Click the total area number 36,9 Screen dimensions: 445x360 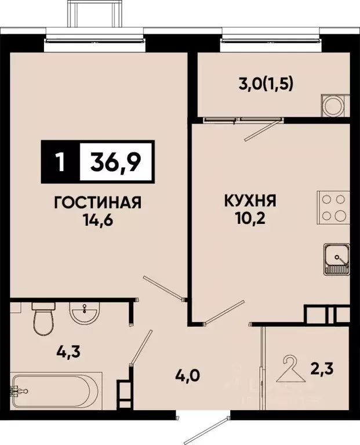114,159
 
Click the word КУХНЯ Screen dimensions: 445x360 249,202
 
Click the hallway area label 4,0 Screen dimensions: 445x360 189,375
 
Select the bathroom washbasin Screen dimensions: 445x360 85,314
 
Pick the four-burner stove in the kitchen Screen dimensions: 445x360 333,208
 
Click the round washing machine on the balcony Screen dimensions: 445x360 334,106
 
